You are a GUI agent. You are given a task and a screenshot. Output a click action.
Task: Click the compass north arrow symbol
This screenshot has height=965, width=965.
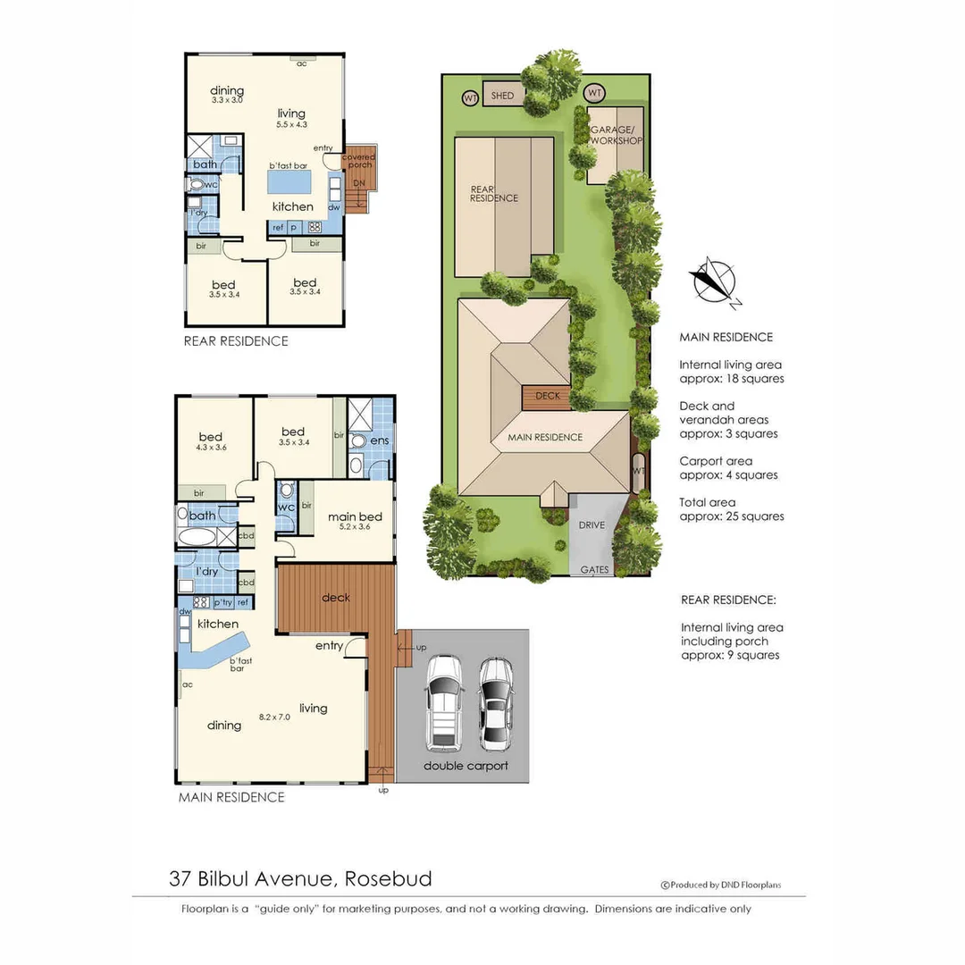coord(714,281)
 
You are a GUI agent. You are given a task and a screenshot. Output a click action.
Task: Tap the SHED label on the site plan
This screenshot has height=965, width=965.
coord(503,96)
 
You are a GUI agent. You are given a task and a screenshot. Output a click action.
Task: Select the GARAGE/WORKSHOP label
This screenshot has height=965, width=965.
coord(616,135)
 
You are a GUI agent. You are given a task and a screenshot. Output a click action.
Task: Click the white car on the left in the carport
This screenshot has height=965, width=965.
coord(444,702)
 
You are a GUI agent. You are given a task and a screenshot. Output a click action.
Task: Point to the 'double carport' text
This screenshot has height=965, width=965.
coord(466,766)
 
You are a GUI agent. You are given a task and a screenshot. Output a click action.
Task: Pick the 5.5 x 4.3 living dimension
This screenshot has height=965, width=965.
coord(291,126)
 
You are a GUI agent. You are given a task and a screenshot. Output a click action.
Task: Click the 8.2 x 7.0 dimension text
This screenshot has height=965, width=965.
coord(274,716)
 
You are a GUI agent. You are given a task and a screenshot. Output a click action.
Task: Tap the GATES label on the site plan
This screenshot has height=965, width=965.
coord(595,569)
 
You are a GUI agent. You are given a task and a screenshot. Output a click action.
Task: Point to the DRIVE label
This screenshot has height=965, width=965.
coord(592,524)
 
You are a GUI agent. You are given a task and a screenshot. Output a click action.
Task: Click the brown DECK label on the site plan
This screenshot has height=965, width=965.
coord(547,396)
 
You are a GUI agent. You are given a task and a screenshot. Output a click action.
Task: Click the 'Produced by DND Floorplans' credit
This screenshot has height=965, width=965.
coord(721,885)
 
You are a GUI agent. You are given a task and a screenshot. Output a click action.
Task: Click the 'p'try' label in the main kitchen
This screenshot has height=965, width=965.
coord(222,602)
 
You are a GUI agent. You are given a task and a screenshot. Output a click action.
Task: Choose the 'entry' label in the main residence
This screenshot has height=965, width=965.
coord(329,645)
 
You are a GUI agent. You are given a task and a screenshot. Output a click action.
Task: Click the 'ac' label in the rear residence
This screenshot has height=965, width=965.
coord(301,63)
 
